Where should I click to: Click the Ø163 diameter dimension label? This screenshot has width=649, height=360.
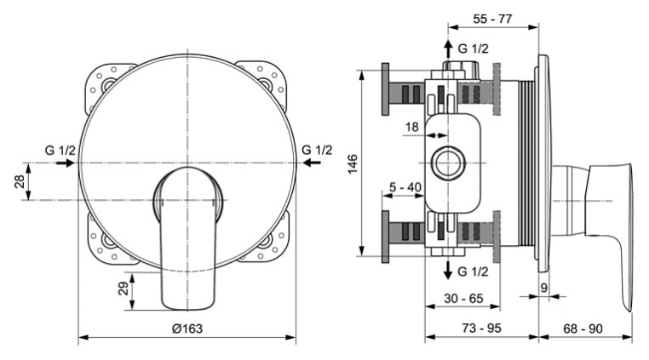pos(187,329)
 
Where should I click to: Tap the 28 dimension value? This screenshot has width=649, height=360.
pos(20,181)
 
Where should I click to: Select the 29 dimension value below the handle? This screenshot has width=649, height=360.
pos(123,288)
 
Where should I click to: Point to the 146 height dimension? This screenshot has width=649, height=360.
pos(353,164)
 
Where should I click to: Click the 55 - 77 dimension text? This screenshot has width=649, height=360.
pos(492,19)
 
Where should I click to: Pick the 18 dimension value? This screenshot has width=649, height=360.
pos(412,127)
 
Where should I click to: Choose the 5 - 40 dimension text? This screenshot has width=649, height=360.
pos(405,187)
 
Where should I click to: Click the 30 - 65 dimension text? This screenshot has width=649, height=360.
pos(463,299)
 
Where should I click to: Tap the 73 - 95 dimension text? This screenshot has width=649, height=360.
pos(481,329)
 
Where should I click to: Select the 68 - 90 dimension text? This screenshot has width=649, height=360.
pos(583,329)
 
